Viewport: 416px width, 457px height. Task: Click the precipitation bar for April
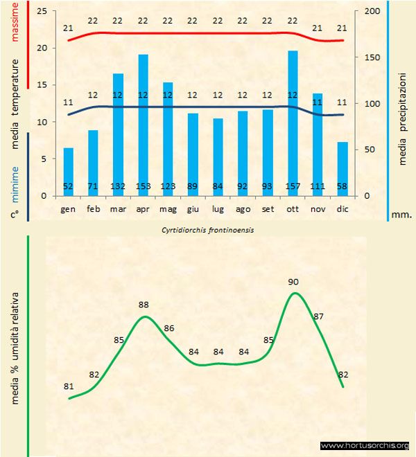click(144, 125)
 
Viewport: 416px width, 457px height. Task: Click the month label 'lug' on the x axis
click(218, 208)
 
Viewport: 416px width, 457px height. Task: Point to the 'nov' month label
click(318, 208)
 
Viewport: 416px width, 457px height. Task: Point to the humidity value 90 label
click(293, 282)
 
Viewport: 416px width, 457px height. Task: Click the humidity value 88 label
click(144, 305)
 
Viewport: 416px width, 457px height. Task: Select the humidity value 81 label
click(69, 386)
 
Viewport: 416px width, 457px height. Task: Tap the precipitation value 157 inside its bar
click(293, 187)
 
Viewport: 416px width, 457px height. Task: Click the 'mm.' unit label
click(403, 215)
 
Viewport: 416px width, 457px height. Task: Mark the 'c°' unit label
click(15, 215)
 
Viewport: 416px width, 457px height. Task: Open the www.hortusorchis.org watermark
click(365, 445)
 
